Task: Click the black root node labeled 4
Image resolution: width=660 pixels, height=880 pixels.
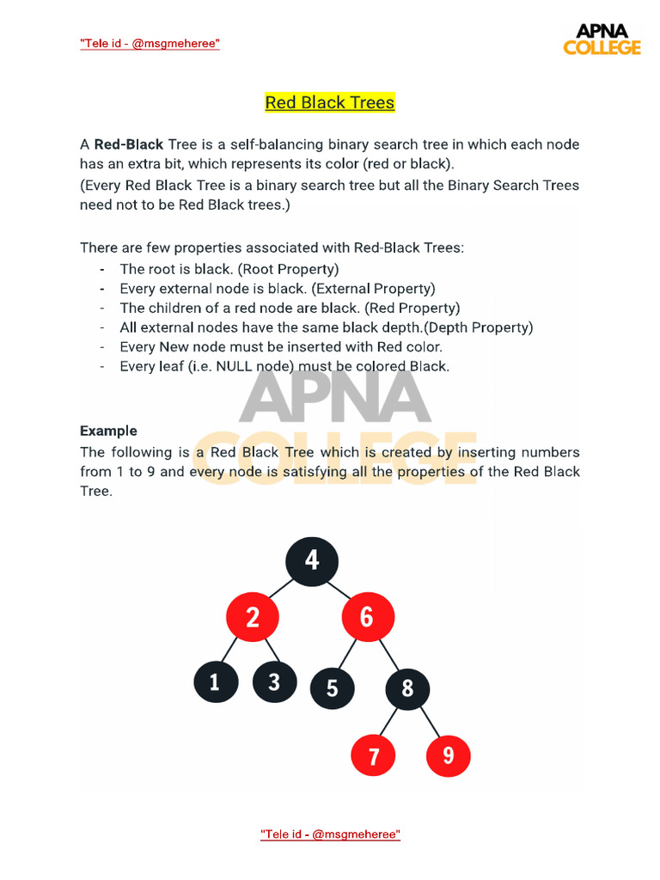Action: pos(312,561)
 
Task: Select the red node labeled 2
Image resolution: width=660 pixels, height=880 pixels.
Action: pos(252,617)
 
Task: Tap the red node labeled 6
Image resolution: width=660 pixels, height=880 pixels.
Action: pos(368,617)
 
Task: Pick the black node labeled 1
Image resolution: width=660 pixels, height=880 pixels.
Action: pos(216,683)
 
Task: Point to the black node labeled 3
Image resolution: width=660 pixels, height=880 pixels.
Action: pos(274,683)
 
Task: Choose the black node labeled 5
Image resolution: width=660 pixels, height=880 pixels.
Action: pos(332,688)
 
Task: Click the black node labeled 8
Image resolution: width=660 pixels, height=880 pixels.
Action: pos(407,688)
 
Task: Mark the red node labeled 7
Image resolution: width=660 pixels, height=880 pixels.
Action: pos(374,756)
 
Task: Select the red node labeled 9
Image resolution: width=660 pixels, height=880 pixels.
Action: pos(448,756)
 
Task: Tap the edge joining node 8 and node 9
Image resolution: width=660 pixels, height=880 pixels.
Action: pos(429,724)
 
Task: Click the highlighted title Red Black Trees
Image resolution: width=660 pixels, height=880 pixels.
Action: pos(329,103)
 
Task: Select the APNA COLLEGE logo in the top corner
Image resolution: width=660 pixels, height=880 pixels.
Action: pos(602,40)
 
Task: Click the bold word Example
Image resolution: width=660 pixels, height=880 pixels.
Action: pos(108,431)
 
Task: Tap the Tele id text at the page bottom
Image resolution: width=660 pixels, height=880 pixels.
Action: pos(330,834)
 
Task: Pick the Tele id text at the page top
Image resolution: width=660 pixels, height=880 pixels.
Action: pos(150,43)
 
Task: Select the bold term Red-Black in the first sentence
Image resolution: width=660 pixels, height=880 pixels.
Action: pos(129,144)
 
